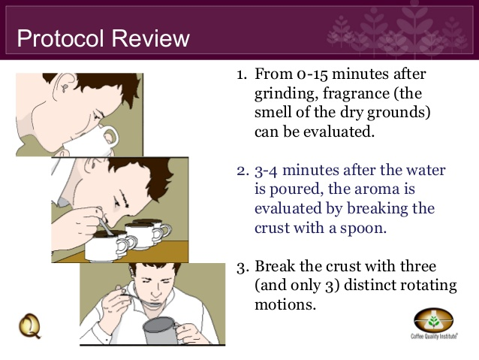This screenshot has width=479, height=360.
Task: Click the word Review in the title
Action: click(x=150, y=38)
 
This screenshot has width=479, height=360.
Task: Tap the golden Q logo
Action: click(x=29, y=326)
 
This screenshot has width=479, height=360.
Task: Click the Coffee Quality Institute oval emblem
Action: click(x=433, y=320)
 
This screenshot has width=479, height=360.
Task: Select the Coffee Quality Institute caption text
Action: click(x=434, y=336)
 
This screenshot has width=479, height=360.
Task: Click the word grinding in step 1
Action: click(x=286, y=94)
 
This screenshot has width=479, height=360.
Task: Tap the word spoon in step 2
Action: click(x=363, y=228)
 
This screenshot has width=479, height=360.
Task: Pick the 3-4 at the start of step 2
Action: click(x=266, y=171)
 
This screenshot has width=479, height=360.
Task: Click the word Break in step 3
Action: click(x=275, y=266)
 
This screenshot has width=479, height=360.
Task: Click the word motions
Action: click(x=285, y=305)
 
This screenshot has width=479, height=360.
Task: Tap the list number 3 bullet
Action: click(x=241, y=266)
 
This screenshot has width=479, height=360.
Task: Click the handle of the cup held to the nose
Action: click(x=110, y=137)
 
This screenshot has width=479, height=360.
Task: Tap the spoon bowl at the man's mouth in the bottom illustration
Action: click(x=152, y=304)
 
